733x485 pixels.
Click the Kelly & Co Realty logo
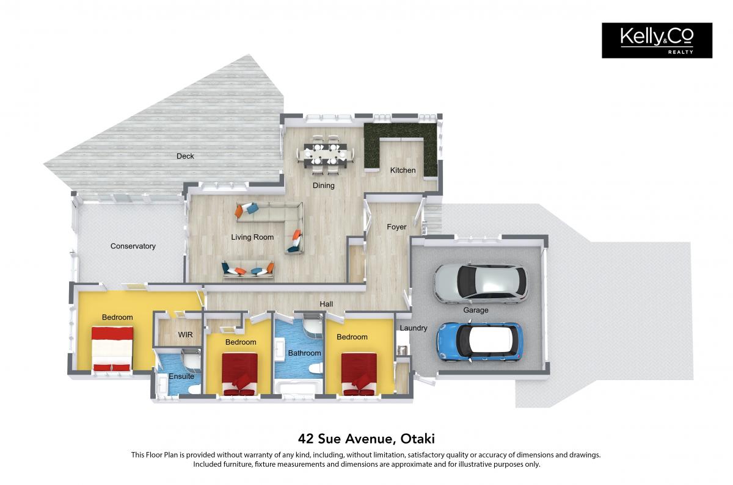[x=657, y=40]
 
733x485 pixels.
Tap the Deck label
[x=185, y=156]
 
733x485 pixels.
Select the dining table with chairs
[x=326, y=154]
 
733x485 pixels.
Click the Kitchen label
[x=403, y=170]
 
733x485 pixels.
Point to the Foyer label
[x=396, y=227]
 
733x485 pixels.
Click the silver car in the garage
[x=480, y=284]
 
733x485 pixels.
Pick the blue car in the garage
[x=480, y=342]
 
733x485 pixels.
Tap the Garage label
[x=476, y=310]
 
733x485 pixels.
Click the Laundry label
[x=414, y=328]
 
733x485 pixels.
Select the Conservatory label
[x=133, y=246]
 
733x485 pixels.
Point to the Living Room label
[x=252, y=237]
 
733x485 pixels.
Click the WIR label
[x=185, y=335]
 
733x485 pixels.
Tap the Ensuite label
[x=181, y=376]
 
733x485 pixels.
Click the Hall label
[x=326, y=304]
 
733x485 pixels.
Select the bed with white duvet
[x=112, y=349]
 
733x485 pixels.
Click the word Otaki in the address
[x=418, y=439]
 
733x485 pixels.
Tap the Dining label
[x=324, y=185]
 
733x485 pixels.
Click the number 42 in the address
[x=305, y=439]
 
